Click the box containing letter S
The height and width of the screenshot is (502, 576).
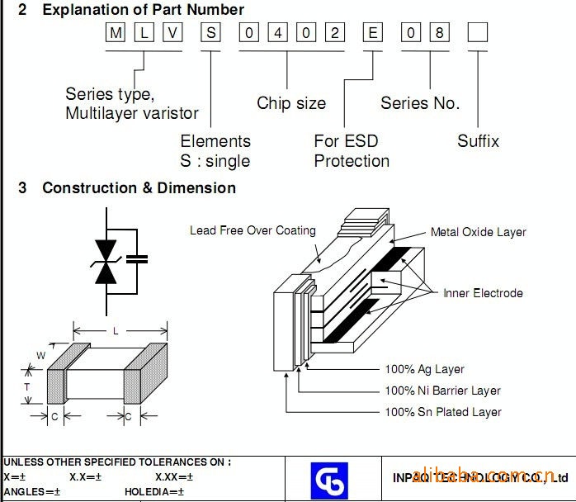coord(212,34)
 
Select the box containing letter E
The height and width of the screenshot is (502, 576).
coord(374,34)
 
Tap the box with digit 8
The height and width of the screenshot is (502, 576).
coord(441,34)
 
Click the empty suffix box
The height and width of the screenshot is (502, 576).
coord(478,34)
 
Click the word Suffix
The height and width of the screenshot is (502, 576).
coord(478,141)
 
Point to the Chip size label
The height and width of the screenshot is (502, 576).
coord(291,103)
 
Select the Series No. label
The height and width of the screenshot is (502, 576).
coord(420,103)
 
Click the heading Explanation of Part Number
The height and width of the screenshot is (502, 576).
coord(143,10)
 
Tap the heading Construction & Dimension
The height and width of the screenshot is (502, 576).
coord(139,188)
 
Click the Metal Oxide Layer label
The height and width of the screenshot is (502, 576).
coord(478,232)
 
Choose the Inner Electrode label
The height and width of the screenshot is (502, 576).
coord(483,293)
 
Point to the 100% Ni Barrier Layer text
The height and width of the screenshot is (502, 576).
coord(442,391)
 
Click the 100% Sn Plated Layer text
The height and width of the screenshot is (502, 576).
coord(442,412)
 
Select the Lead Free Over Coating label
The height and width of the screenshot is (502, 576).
coord(253,230)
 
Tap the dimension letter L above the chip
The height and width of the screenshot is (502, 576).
coord(116,331)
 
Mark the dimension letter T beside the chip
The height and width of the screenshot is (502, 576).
coord(26,386)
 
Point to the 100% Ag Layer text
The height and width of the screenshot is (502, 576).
coord(424,369)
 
